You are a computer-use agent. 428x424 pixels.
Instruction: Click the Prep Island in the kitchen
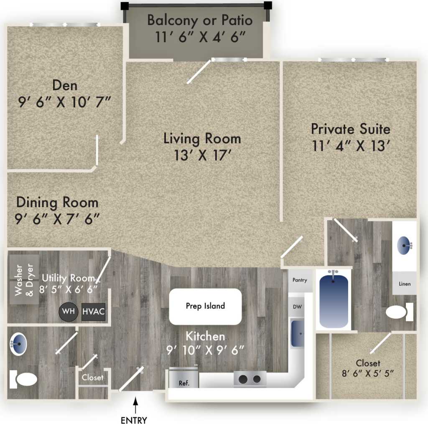205,306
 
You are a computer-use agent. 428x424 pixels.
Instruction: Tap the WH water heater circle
69,312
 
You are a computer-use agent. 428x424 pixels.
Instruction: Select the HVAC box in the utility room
93,312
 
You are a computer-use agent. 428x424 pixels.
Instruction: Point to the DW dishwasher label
297,307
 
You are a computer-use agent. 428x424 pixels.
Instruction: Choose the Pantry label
300,280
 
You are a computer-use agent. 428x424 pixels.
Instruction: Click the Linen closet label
404,284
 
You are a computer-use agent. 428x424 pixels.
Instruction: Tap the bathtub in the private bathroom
334,299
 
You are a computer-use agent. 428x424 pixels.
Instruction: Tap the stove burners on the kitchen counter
249,379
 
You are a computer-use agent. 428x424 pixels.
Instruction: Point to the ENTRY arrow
135,402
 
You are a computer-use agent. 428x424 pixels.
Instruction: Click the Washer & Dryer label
24,280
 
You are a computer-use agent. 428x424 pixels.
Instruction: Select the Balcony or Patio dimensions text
200,36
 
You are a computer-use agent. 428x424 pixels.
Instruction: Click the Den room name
65,85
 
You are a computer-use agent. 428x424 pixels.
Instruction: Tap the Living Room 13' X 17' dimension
202,155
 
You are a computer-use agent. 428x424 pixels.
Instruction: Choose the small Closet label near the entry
92,377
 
